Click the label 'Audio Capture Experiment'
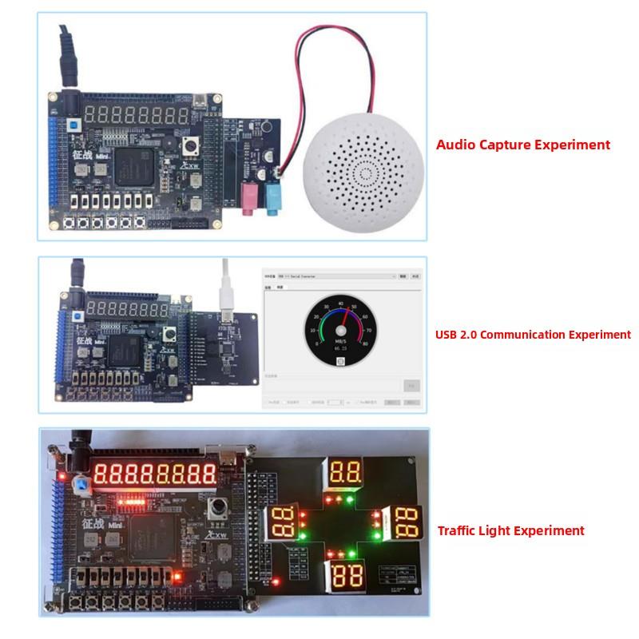pos(522,145)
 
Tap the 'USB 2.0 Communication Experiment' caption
pos(533,335)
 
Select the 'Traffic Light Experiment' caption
pos(510,530)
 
